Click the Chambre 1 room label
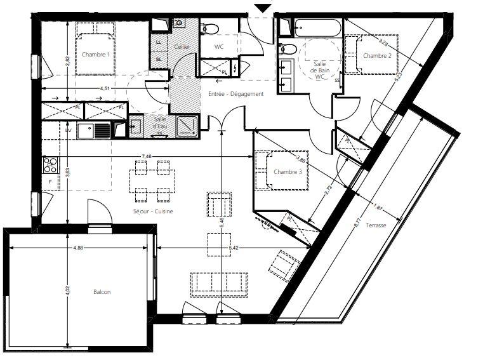(x=95, y=55)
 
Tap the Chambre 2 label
(x=376, y=56)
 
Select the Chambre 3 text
(x=288, y=172)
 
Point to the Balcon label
(x=102, y=292)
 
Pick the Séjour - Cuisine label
(x=153, y=211)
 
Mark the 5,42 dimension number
(x=232, y=247)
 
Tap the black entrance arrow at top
(x=262, y=8)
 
